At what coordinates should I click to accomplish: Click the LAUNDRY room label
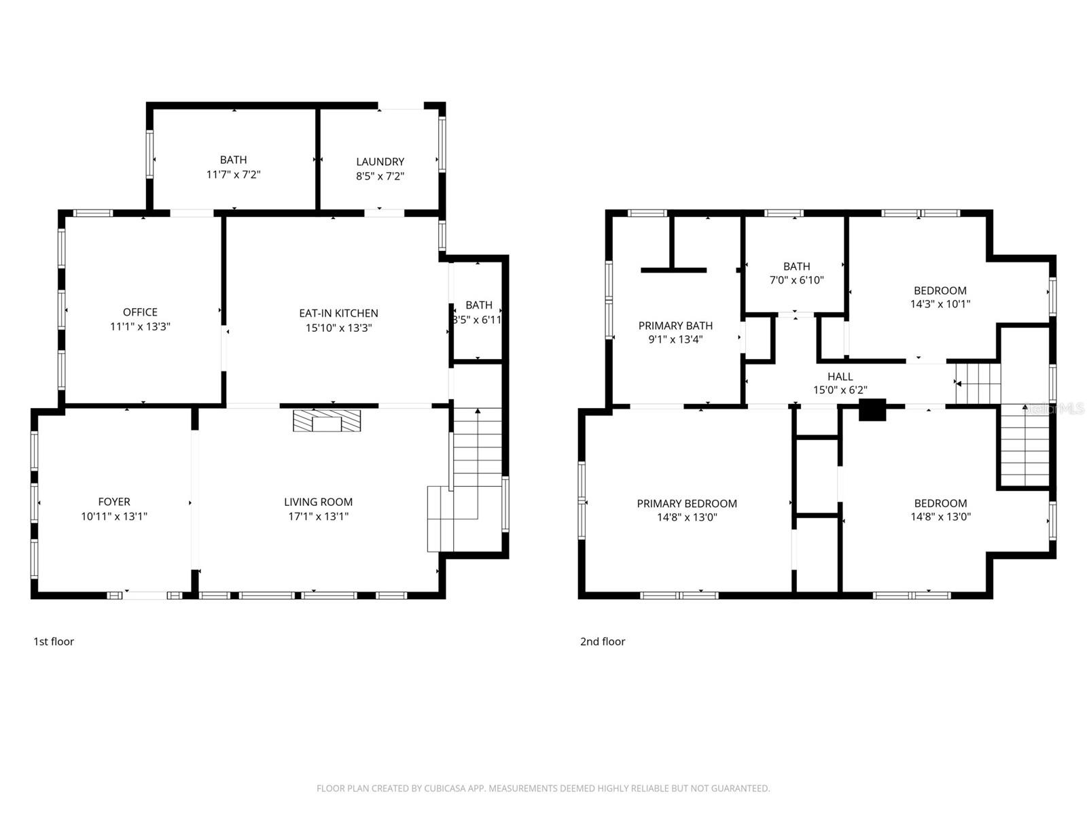[380, 162]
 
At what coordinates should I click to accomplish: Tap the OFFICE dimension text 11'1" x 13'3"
[140, 326]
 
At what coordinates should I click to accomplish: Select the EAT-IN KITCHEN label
[338, 313]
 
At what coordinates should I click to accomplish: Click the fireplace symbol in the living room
[327, 421]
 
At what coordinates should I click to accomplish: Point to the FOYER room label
[114, 502]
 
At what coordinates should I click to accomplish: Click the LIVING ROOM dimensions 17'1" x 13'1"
[318, 517]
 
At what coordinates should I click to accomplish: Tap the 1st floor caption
[54, 641]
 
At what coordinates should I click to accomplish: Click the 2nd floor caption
[603, 641]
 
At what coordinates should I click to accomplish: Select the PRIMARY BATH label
[675, 326]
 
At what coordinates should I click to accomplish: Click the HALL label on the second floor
[840, 377]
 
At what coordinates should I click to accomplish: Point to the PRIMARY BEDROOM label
[687, 504]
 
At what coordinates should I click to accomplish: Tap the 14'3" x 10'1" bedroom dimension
[940, 305]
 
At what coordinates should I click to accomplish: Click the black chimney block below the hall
[872, 410]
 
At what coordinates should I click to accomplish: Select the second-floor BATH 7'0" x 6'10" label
[796, 267]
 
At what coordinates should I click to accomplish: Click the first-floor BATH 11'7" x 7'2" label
[233, 160]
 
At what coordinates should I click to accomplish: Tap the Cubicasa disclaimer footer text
[543, 789]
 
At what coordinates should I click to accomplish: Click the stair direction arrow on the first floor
[478, 412]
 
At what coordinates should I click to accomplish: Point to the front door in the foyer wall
[145, 595]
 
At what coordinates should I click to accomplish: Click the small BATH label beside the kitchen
[479, 305]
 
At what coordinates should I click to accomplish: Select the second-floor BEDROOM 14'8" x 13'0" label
[940, 503]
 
